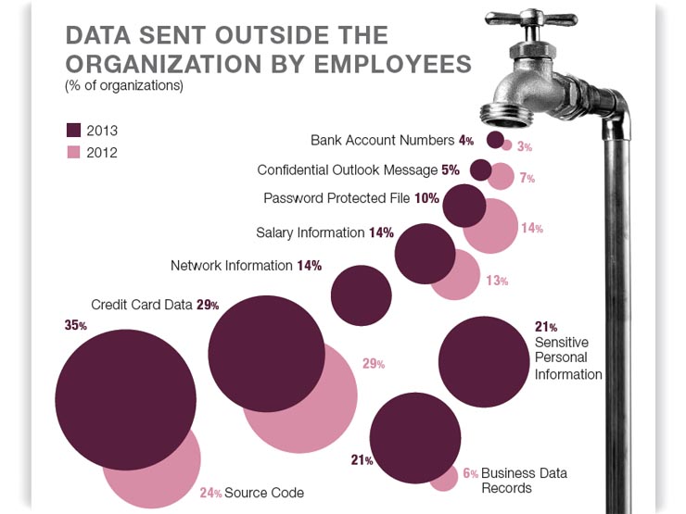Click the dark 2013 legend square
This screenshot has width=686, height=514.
(x=75, y=130)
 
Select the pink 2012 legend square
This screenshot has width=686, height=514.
(x=75, y=152)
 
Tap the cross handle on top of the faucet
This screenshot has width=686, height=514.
(x=535, y=19)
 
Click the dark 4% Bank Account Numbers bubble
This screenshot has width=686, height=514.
(x=495, y=140)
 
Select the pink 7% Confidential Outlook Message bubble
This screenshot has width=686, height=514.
(x=502, y=176)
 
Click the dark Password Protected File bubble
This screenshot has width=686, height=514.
(x=464, y=205)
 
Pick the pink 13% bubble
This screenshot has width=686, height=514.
(x=454, y=275)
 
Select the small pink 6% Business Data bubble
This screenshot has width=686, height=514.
(x=445, y=477)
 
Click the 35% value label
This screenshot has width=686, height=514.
(x=76, y=326)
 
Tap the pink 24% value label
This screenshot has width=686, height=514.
(x=210, y=494)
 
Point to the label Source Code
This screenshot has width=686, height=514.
(x=264, y=493)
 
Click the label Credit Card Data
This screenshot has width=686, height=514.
(x=141, y=305)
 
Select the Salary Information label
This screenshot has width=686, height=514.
(x=311, y=233)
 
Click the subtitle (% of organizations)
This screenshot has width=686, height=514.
(x=123, y=86)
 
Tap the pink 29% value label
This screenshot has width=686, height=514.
(x=373, y=364)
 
